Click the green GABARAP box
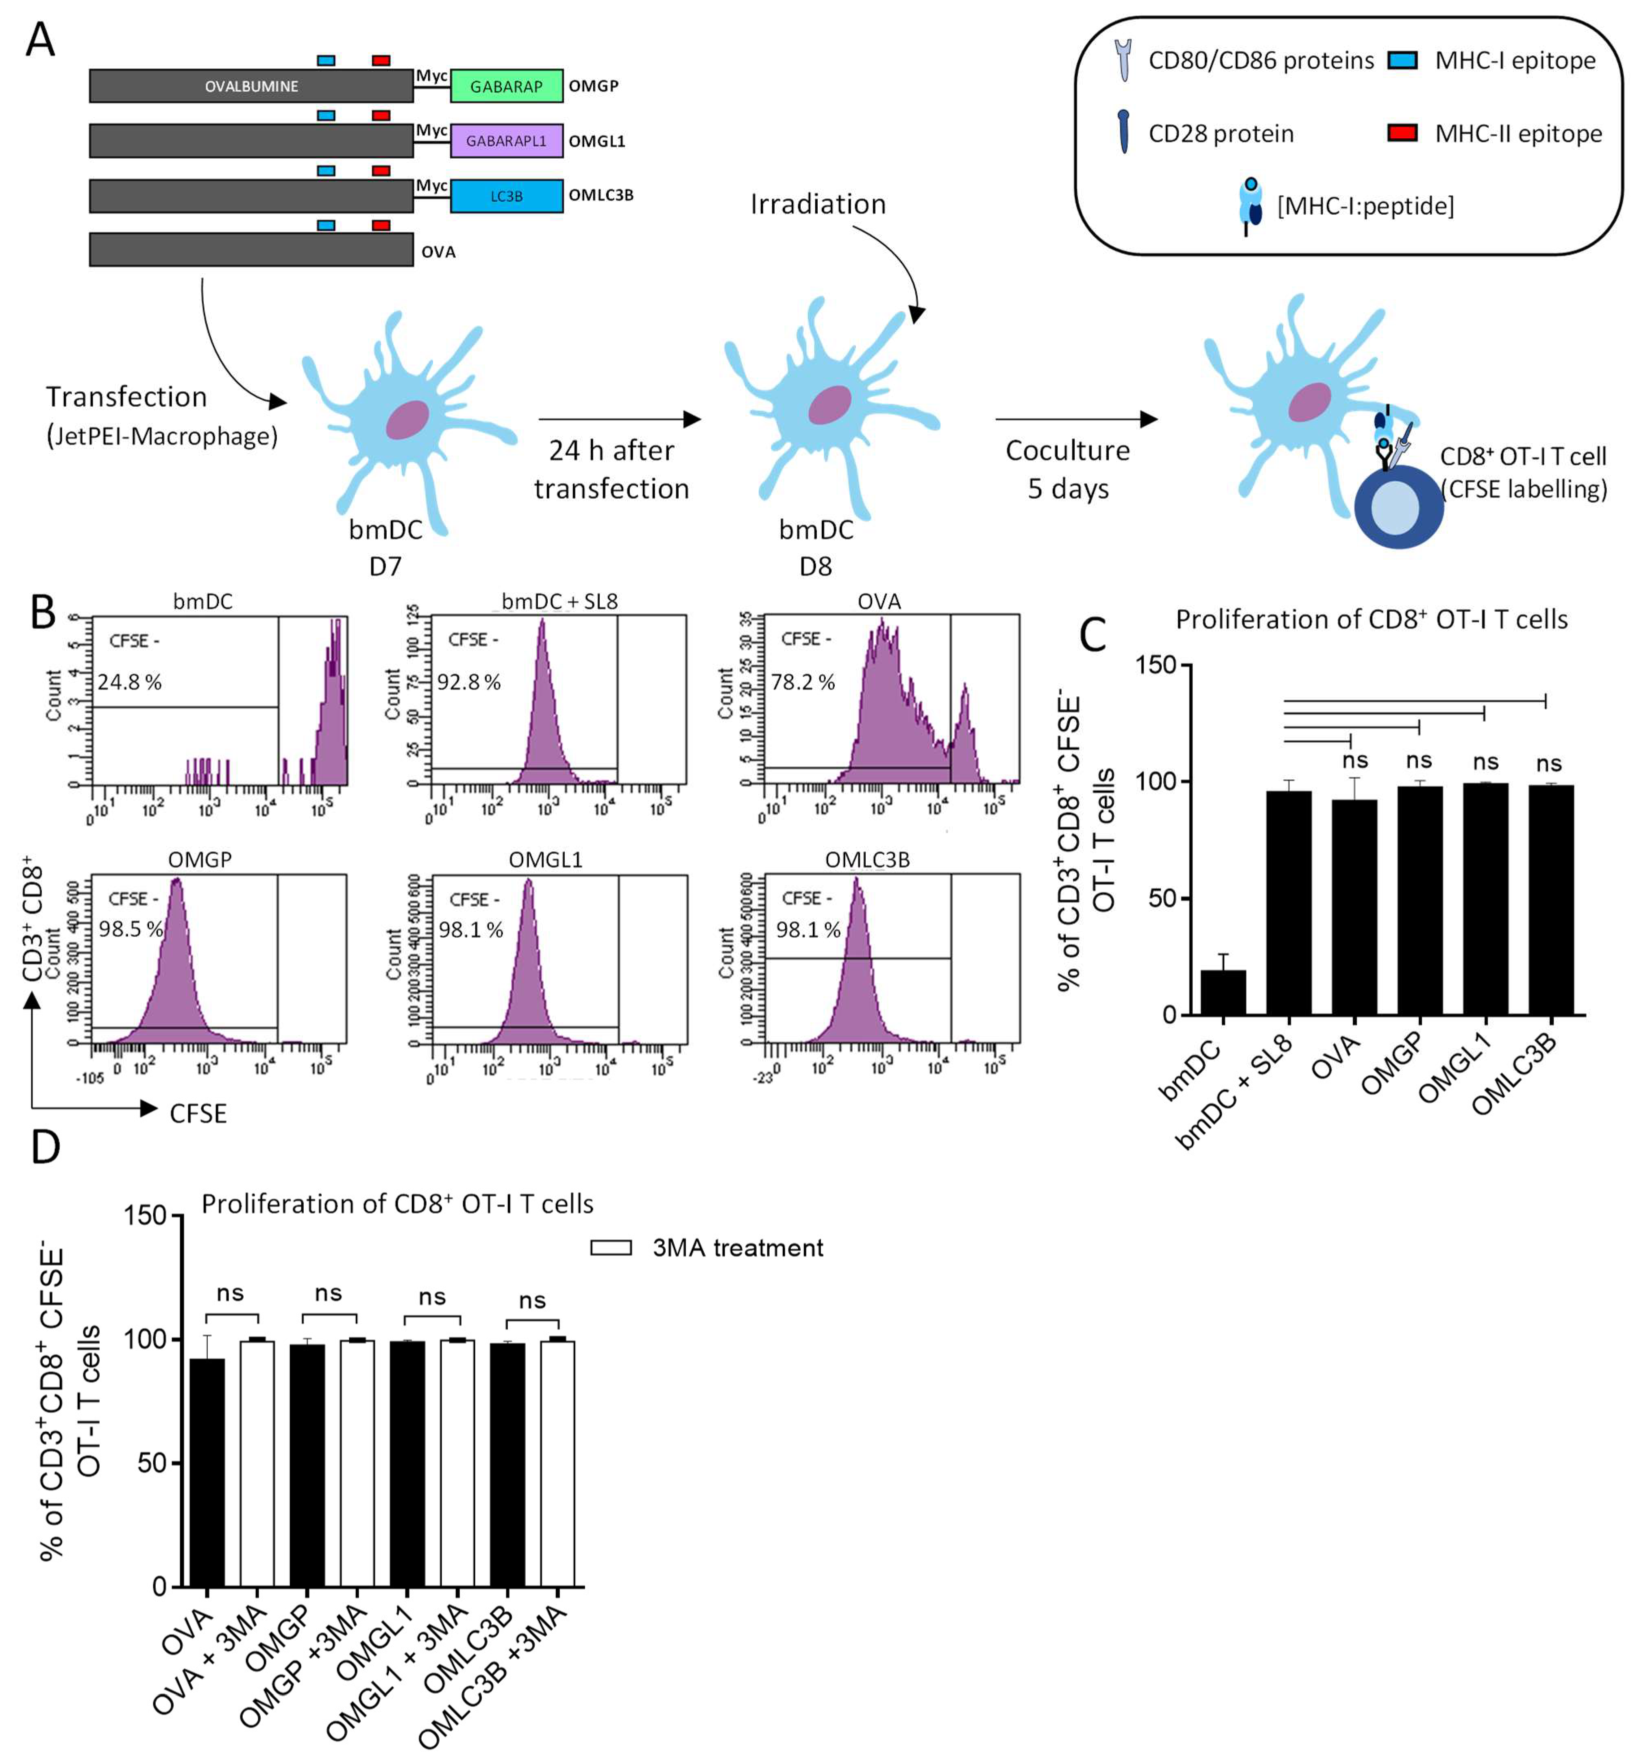[x=506, y=86]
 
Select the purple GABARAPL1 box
[x=506, y=141]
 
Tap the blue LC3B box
[x=506, y=196]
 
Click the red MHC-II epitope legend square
[x=1401, y=133]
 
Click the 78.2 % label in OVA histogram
[x=803, y=682]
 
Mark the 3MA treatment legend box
[x=610, y=1247]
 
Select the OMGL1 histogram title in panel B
[x=546, y=859]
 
